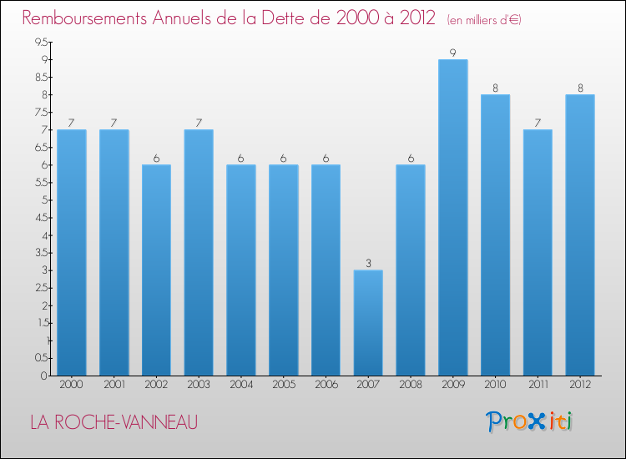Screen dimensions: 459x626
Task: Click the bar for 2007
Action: pos(368,322)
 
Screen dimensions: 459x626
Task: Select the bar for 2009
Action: pos(452,217)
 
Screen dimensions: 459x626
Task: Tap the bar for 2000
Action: pos(72,252)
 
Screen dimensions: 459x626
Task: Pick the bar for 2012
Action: pos(579,235)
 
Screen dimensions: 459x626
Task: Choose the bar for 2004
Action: pos(241,270)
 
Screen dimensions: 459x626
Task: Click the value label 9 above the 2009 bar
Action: pos(452,53)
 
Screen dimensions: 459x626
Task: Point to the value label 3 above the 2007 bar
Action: pos(368,264)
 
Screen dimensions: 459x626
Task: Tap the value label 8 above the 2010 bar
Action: pos(495,88)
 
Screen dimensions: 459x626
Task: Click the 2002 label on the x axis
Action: pos(156,385)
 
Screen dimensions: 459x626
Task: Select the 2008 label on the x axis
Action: pos(411,385)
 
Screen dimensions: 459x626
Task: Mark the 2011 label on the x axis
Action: pos(538,385)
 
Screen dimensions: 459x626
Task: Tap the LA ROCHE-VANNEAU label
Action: pos(114,422)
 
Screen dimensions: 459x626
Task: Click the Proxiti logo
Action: pos(529,421)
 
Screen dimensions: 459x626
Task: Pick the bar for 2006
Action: pos(326,270)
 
